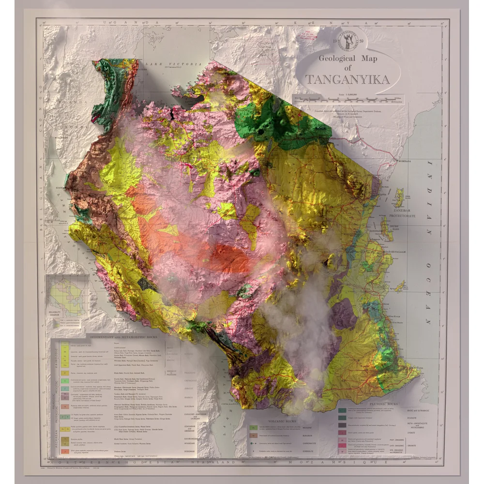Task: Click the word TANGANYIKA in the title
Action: (x=348, y=79)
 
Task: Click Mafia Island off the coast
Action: (x=400, y=287)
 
